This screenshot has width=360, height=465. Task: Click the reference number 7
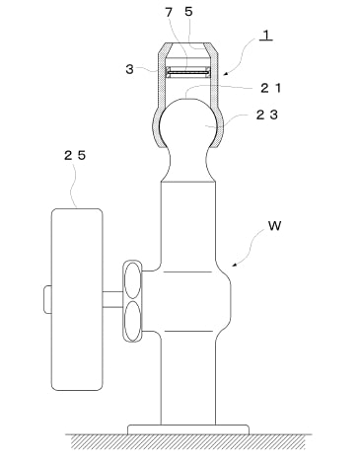pyautogui.click(x=169, y=12)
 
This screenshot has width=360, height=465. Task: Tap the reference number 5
pyautogui.click(x=188, y=12)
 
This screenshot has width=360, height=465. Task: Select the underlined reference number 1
pyautogui.click(x=266, y=36)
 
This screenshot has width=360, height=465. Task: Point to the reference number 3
pyautogui.click(x=130, y=69)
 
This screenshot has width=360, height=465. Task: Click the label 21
pyautogui.click(x=271, y=88)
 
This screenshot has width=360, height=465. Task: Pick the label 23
pyautogui.click(x=267, y=115)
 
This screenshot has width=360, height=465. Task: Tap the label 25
pyautogui.click(x=75, y=155)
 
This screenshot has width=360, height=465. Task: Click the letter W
pyautogui.click(x=274, y=226)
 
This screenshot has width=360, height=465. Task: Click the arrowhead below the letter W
pyautogui.click(x=235, y=264)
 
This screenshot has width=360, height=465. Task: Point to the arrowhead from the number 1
pyautogui.click(x=226, y=73)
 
